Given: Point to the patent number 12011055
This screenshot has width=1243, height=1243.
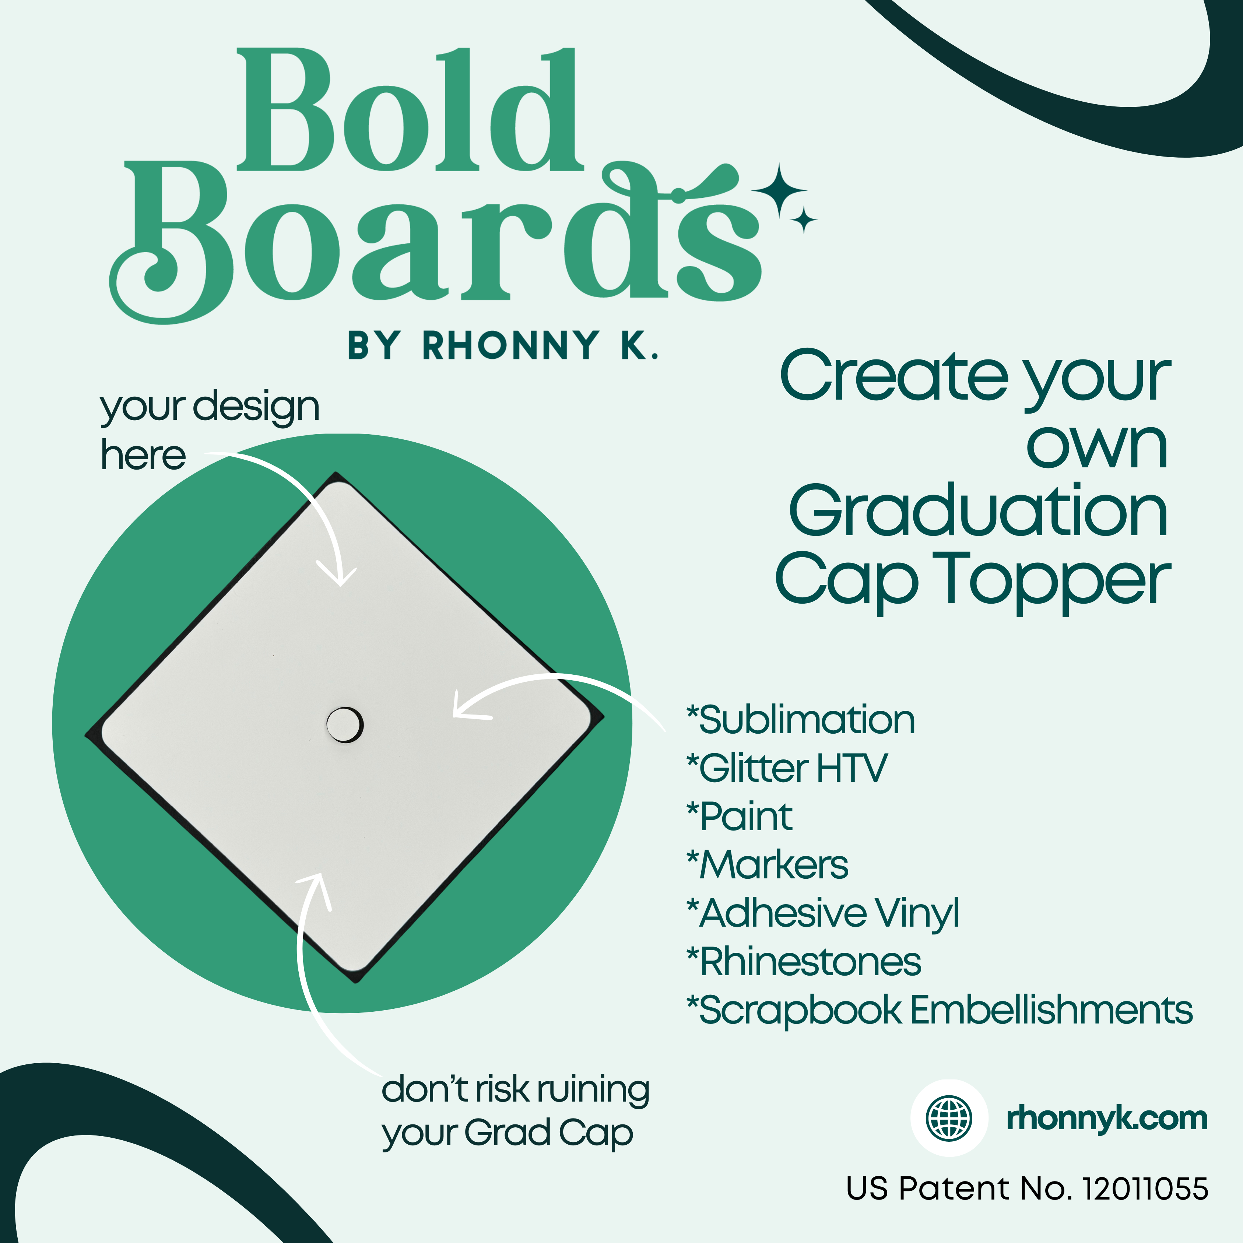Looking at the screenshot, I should tap(1145, 1188).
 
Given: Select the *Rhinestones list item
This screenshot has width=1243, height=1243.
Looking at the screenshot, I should tap(804, 962).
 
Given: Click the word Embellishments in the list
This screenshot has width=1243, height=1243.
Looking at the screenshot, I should tap(1052, 1010).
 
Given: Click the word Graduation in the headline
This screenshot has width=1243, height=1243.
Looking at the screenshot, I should tap(978, 512).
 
